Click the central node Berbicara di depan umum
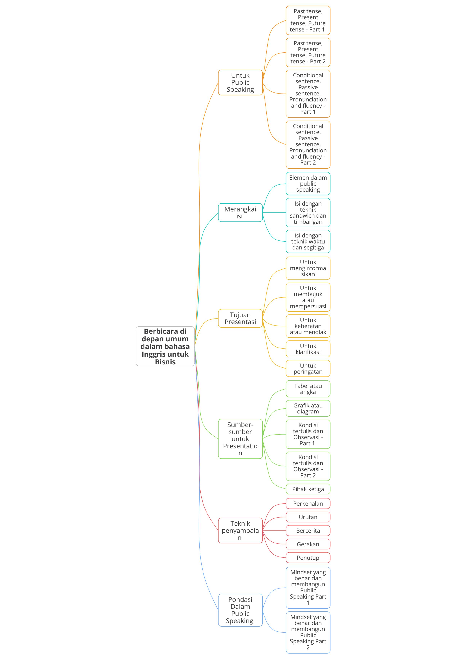[165, 346]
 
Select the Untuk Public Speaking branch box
[240, 82]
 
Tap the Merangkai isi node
[240, 213]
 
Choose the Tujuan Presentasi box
[240, 318]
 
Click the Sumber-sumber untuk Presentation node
[240, 439]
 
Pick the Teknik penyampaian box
[240, 531]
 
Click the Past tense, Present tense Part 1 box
[308, 20]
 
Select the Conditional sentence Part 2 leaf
[308, 144]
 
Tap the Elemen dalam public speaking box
[308, 184]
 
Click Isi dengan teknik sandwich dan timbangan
[308, 213]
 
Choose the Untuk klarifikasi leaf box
[308, 349]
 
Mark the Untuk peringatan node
[308, 369]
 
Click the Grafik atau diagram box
[308, 408]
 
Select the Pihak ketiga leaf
[308, 489]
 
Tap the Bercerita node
[308, 531]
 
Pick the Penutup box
[308, 558]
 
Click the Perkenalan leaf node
[308, 503]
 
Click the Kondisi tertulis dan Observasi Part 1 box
[308, 434]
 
